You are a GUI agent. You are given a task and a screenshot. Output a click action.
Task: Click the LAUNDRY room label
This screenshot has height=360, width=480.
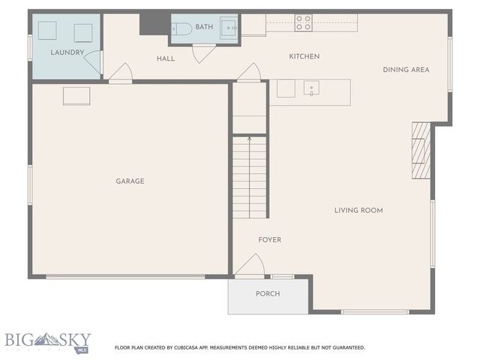tap(67, 52)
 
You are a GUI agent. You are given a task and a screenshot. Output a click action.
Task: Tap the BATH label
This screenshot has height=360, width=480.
tap(204, 28)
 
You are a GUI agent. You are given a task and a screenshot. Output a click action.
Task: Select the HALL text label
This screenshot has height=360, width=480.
tap(166, 58)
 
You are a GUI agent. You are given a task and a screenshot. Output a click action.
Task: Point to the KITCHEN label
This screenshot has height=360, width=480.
tap(304, 56)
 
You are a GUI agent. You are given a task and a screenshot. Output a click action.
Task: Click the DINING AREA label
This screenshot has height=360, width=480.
tap(406, 70)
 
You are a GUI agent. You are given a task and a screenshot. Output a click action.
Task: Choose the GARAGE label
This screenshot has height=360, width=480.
tap(130, 181)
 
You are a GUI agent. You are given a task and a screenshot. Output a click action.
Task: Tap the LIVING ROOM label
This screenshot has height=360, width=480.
tap(358, 210)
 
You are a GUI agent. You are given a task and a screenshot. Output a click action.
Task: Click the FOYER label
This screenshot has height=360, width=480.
tap(269, 240)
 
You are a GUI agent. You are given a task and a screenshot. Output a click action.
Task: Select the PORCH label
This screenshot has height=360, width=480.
tap(268, 294)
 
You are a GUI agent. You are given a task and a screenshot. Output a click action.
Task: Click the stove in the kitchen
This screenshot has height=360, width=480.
tap(303, 22)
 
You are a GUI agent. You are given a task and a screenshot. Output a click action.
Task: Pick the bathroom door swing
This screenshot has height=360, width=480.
tap(204, 54)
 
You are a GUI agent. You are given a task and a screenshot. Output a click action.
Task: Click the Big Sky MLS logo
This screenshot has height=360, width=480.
tap(47, 342)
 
